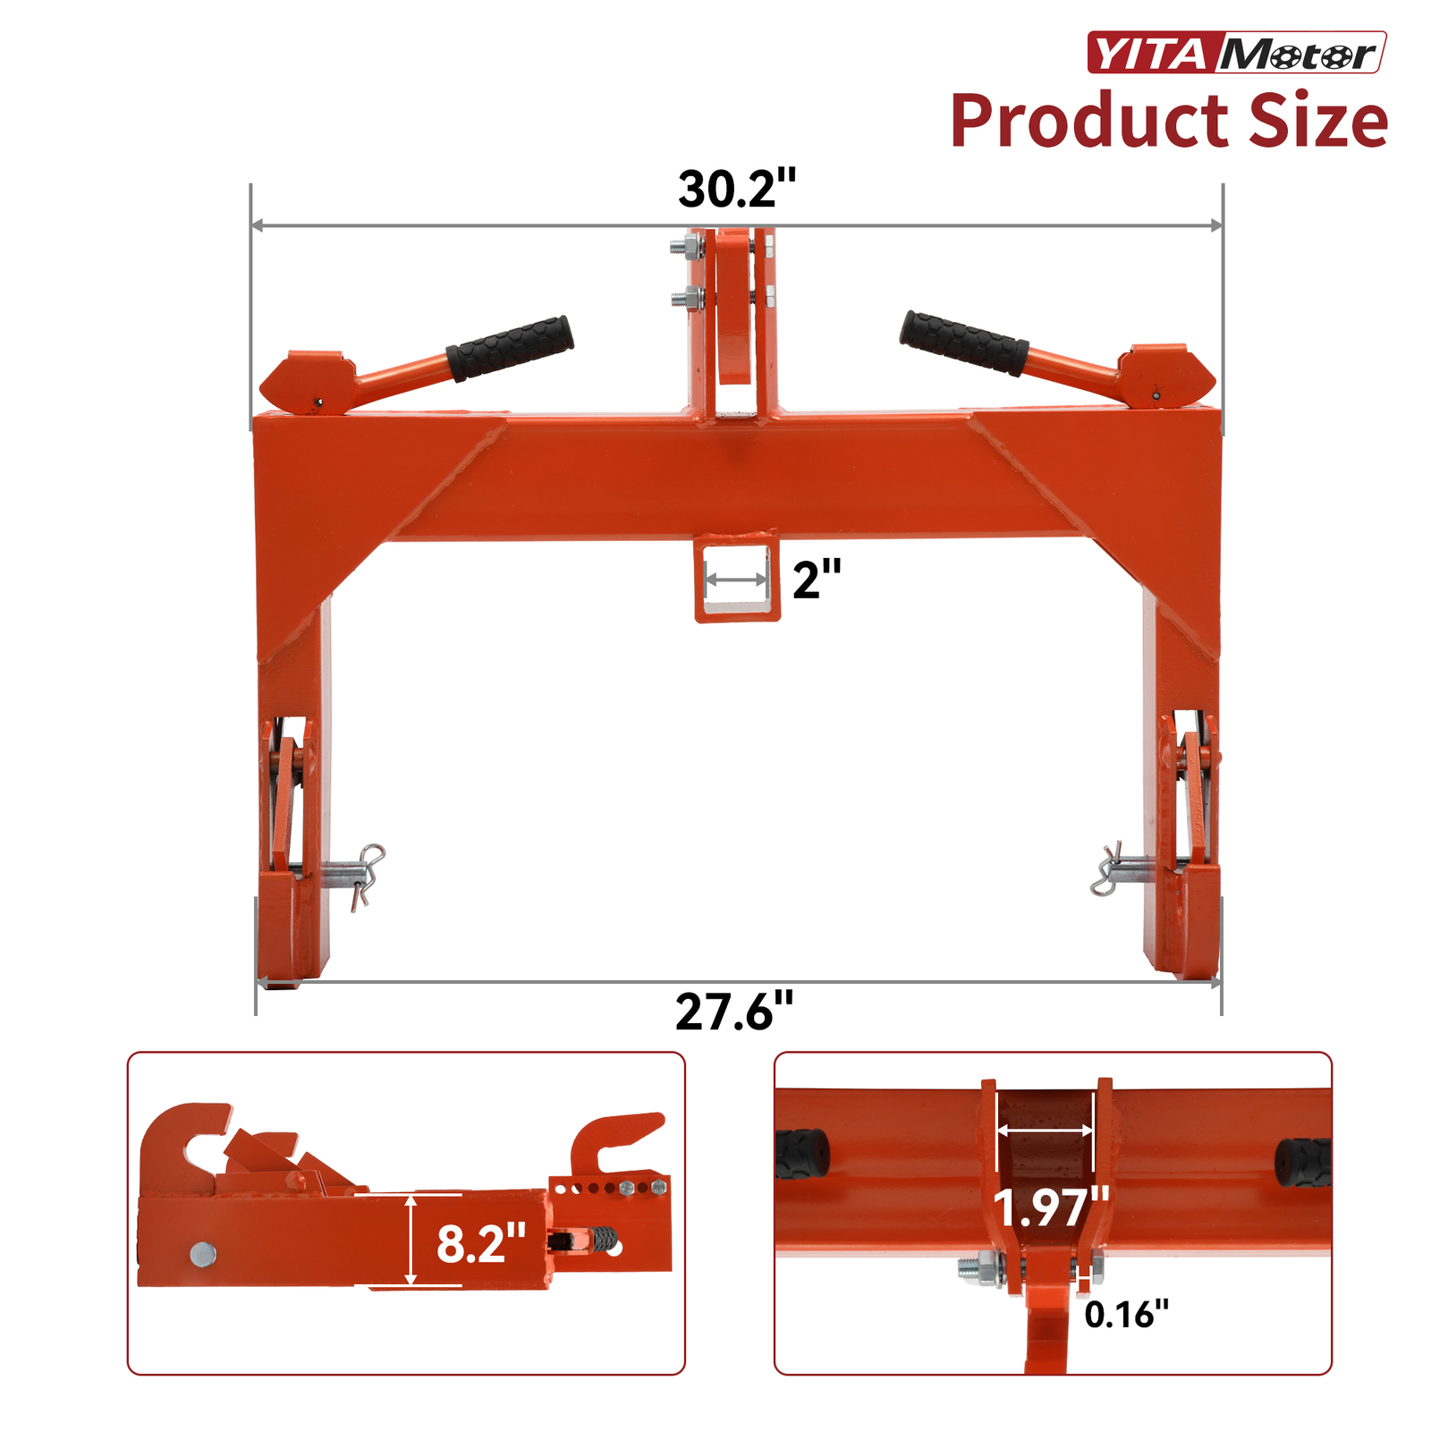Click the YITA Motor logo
(x=1236, y=53)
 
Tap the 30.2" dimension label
(x=736, y=189)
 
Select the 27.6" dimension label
(x=733, y=1012)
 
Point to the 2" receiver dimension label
(x=816, y=580)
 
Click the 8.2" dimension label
(x=480, y=1243)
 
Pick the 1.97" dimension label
(x=1051, y=1207)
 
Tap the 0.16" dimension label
(x=1126, y=1314)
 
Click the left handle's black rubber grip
(x=510, y=348)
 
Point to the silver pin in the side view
(x=203, y=1254)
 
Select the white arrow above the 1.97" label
(x=1045, y=1130)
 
